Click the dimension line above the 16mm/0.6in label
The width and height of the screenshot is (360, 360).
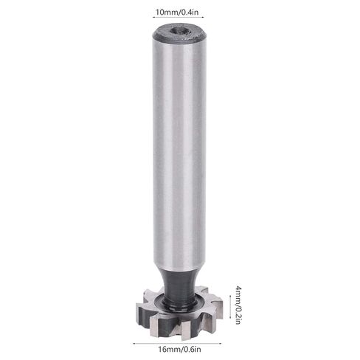tap(179, 342)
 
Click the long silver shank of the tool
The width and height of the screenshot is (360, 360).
tap(179, 148)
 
